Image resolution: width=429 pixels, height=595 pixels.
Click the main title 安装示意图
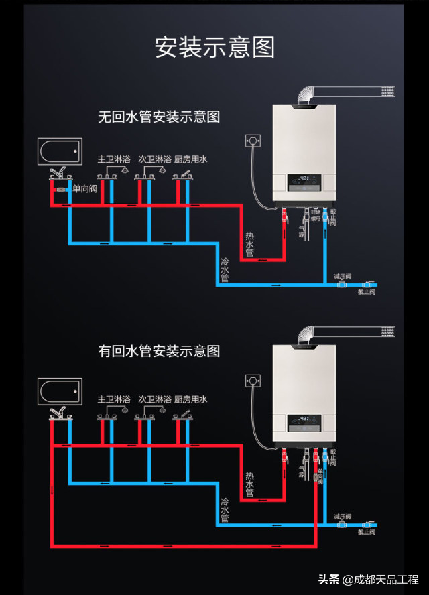coord(214,48)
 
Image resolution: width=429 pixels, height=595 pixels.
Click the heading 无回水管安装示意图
coord(159,117)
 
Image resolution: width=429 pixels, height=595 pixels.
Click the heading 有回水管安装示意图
coord(159,350)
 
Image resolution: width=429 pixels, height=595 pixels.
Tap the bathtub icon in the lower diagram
coord(60,389)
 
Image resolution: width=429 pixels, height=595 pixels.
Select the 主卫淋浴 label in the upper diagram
coord(114,159)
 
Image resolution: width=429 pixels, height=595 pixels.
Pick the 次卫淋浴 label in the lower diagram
coord(155,399)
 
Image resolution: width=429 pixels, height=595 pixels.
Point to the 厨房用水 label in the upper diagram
coord(191,159)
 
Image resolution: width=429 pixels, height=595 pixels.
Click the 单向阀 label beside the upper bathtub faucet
coord(85,189)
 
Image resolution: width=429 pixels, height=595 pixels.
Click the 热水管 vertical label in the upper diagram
coord(249,245)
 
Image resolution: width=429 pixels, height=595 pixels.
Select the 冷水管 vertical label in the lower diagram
coord(225,510)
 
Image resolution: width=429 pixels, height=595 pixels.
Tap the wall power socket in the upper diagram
coord(253,141)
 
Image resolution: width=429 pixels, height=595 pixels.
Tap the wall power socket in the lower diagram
coord(253,381)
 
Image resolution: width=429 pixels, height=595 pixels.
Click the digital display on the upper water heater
coord(304,180)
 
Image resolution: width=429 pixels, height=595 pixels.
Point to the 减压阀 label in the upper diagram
coord(343,276)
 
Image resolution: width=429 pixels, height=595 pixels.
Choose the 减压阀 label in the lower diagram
coord(343,517)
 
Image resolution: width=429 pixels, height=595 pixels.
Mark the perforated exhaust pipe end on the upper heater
coord(387,90)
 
